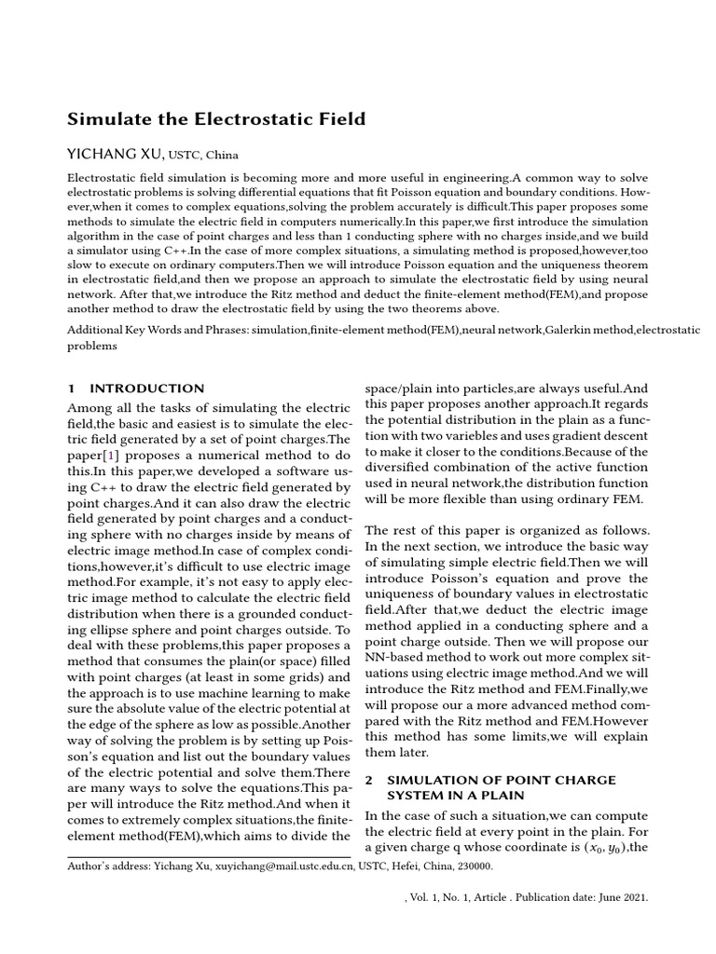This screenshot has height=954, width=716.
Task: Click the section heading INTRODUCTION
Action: pyautogui.click(x=146, y=388)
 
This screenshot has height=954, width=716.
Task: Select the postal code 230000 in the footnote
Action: pyautogui.click(x=471, y=866)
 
